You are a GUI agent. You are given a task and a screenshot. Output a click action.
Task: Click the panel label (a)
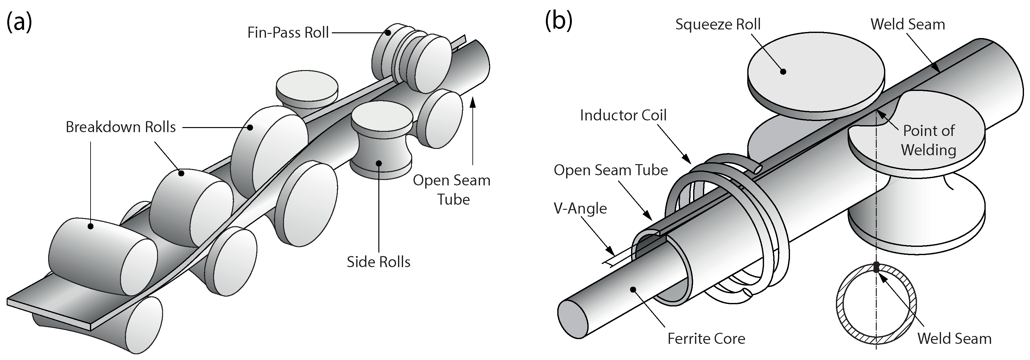click(19, 22)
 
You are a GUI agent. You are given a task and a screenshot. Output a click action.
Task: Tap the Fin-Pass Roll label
click(288, 32)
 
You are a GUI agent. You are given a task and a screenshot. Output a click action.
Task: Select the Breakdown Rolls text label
click(121, 127)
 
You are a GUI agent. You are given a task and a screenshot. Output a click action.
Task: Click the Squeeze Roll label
click(718, 24)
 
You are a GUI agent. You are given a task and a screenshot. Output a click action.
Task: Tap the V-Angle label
click(580, 209)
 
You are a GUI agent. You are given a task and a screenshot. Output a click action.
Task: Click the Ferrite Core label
click(706, 339)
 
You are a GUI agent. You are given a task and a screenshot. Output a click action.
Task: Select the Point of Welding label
click(928, 140)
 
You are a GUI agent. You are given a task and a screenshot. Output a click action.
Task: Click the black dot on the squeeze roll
click(783, 72)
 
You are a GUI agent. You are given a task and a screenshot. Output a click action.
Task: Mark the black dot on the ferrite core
click(633, 289)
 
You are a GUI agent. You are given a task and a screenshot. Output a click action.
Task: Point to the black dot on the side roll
click(378, 163)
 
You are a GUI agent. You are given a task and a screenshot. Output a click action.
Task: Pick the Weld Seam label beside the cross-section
click(954, 338)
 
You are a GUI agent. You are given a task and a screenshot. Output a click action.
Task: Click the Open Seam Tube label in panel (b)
click(610, 170)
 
